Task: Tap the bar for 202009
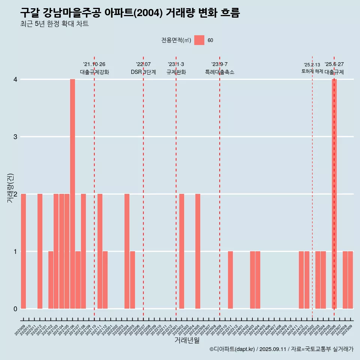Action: pyautogui.click(x=23, y=251)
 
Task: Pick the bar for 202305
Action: pyautogui.click(x=198, y=251)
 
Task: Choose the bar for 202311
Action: pyautogui.click(x=230, y=280)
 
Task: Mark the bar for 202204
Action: pyautogui.click(x=127, y=251)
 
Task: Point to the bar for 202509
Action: pyautogui.click(x=350, y=280)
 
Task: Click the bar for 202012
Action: pyautogui.click(x=40, y=251)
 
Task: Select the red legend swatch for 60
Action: pyautogui.click(x=199, y=40)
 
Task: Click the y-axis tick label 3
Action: pyautogui.click(x=15, y=137)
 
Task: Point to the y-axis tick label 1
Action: pyautogui.click(x=15, y=252)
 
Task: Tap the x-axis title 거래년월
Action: pyautogui.click(x=187, y=340)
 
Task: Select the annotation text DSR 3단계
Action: pyautogui.click(x=143, y=72)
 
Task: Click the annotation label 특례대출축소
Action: pyautogui.click(x=220, y=72)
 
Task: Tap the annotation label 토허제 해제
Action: pyautogui.click(x=312, y=71)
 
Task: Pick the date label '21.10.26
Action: pyautogui.click(x=94, y=64)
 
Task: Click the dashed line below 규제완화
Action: pyautogui.click(x=176, y=187)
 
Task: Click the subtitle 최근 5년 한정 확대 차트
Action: pyautogui.click(x=54, y=24)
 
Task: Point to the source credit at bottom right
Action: pyautogui.click(x=281, y=349)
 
